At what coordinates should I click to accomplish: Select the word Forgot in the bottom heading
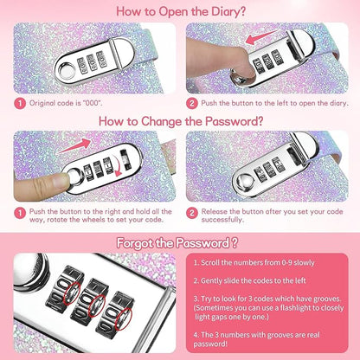coord(135,243)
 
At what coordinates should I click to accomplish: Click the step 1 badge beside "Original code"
coord(20,103)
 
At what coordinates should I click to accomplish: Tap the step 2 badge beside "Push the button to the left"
coord(192,103)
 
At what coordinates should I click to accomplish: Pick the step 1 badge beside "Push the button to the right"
coord(20,214)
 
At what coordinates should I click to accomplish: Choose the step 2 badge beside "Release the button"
coord(192,214)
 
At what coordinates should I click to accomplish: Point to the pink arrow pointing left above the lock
coord(261,37)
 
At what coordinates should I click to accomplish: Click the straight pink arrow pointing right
coord(74,146)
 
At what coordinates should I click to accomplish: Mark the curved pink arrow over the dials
coord(115,167)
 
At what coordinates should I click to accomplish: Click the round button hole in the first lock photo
coord(67,70)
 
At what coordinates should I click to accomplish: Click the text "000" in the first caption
coord(93,103)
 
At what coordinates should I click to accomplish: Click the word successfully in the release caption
coord(222,220)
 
